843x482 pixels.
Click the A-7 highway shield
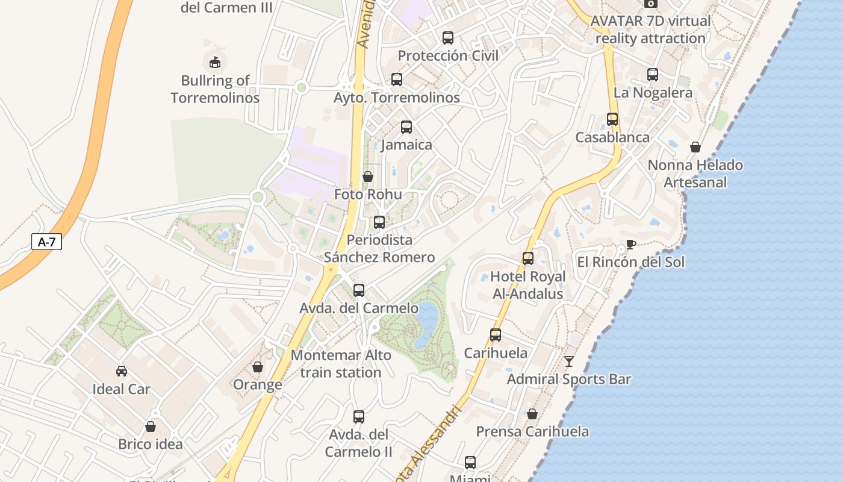pyautogui.click(x=46, y=242)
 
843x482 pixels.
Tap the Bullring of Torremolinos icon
pyautogui.click(x=214, y=61)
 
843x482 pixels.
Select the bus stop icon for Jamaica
pyautogui.click(x=406, y=127)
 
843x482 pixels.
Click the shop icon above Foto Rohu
pyautogui.click(x=368, y=177)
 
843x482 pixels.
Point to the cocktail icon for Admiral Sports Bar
pyautogui.click(x=569, y=361)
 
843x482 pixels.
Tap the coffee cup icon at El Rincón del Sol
pyautogui.click(x=630, y=244)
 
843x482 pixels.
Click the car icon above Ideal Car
pyautogui.click(x=122, y=371)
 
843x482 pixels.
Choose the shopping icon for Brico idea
pyautogui.click(x=151, y=427)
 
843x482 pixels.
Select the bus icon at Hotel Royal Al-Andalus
pyautogui.click(x=528, y=258)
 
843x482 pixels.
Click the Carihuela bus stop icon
pyautogui.click(x=496, y=335)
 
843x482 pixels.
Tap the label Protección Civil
pyautogui.click(x=448, y=56)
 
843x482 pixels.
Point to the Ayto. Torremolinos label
pyautogui.click(x=397, y=98)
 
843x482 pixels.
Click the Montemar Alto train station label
pyautogui.click(x=341, y=364)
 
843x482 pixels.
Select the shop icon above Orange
pyautogui.click(x=258, y=367)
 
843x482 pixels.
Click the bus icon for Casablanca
pyautogui.click(x=612, y=119)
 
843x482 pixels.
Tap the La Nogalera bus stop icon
pyautogui.click(x=653, y=75)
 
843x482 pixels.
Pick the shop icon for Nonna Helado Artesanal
pyautogui.click(x=695, y=147)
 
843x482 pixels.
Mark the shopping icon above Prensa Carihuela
pyautogui.click(x=532, y=414)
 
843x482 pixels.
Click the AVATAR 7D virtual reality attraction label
pyautogui.click(x=650, y=29)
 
